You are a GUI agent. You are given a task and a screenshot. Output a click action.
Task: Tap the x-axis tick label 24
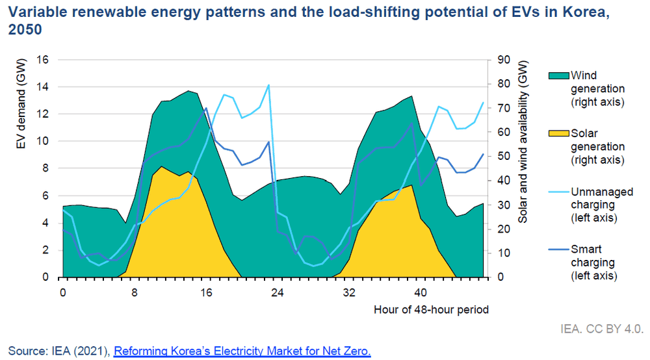tap(277, 292)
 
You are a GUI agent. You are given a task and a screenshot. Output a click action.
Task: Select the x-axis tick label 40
tap(421, 292)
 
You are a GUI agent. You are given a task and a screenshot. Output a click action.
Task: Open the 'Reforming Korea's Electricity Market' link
tap(242, 352)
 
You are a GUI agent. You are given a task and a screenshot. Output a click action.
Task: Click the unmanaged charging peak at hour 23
tap(268, 85)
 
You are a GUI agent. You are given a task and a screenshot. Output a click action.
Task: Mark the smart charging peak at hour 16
tap(206, 109)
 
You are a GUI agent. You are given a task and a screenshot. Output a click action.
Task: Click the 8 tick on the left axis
tap(45, 168)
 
